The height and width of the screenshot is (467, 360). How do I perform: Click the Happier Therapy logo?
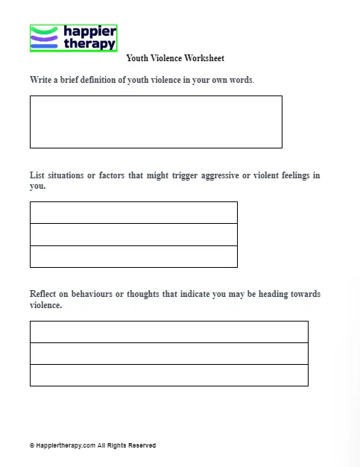[x=74, y=38]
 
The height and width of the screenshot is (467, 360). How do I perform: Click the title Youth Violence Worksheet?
[x=175, y=58]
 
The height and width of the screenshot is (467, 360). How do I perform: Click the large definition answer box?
[x=156, y=122]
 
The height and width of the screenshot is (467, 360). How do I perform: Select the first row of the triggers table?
[x=133, y=213]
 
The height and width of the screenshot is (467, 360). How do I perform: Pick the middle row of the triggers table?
[x=133, y=234]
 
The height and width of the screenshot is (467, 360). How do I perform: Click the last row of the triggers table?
[x=133, y=256]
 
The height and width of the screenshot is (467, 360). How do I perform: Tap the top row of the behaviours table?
[x=168, y=332]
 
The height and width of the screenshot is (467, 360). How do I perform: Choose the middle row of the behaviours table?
[x=168, y=354]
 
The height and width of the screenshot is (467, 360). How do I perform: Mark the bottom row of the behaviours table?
[x=168, y=375]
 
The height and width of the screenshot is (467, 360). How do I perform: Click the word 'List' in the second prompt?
[x=37, y=176]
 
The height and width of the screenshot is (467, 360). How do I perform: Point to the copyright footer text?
[x=92, y=445]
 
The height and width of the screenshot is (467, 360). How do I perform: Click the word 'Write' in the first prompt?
[x=41, y=80]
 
